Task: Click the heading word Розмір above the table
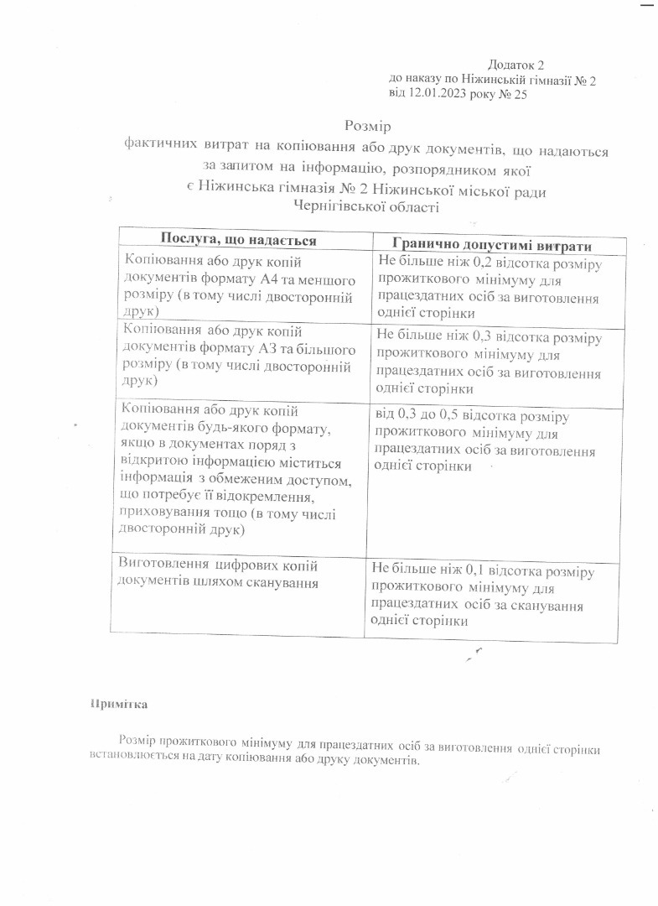coord(368,127)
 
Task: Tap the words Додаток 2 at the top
coord(516,65)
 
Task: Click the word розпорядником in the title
coord(448,166)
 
